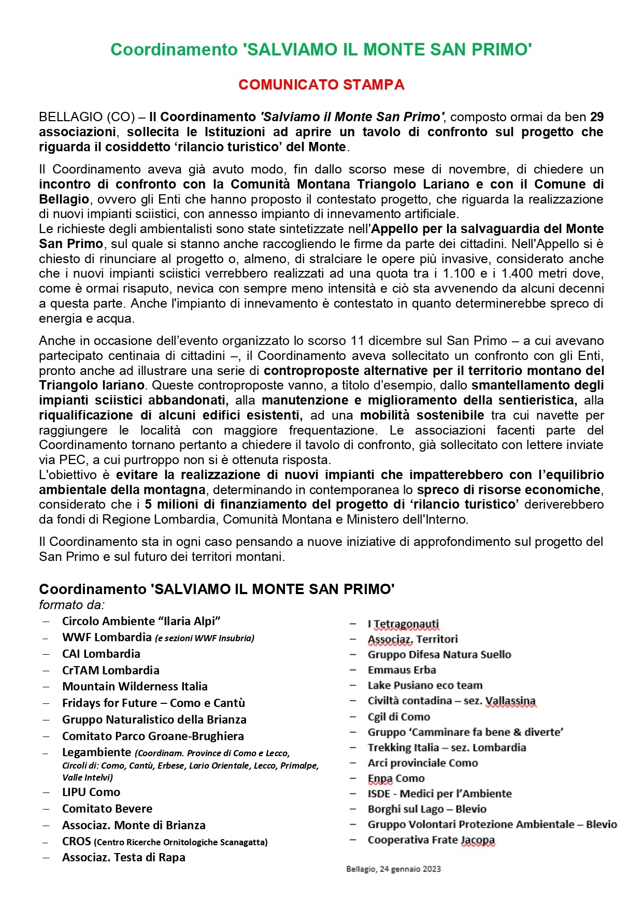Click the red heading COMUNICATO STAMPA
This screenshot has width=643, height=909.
[321, 85]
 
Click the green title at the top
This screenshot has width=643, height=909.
[321, 50]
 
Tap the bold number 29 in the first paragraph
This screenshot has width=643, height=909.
[596, 117]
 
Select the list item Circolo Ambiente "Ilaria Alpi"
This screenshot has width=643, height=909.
[141, 621]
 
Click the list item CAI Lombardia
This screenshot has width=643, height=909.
[101, 654]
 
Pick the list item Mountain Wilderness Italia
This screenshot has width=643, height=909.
[135, 686]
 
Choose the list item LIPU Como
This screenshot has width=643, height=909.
[91, 792]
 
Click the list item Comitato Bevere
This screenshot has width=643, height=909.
[107, 809]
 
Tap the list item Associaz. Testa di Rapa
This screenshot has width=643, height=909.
[123, 857]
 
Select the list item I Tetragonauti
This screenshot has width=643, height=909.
[403, 624]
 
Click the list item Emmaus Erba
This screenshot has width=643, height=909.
[402, 670]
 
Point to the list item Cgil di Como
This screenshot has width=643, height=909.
[398, 717]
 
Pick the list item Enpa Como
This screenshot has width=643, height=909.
[396, 778]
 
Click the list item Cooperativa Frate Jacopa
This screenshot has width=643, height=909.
[431, 840]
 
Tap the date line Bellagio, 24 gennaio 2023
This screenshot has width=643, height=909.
[393, 869]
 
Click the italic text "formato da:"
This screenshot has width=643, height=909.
[72, 605]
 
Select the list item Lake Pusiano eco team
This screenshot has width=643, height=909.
[425, 685]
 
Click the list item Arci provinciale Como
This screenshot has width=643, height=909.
[423, 763]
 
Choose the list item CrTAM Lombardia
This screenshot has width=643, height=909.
[110, 670]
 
